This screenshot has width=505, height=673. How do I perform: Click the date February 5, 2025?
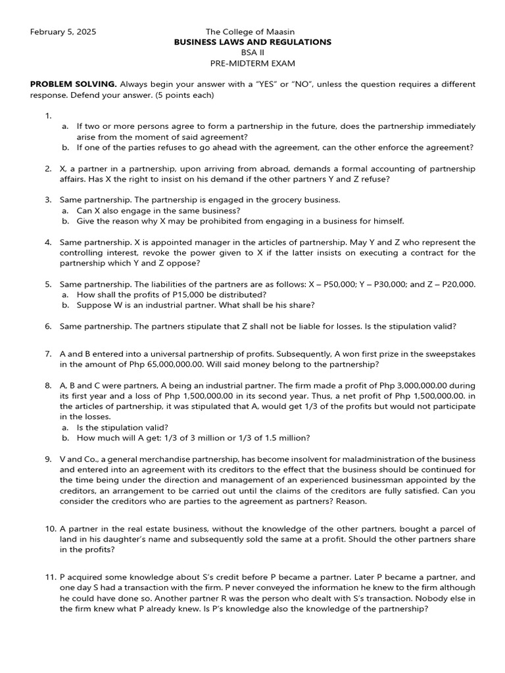pyautogui.click(x=63, y=32)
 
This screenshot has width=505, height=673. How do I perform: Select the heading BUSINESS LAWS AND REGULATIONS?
pyautogui.click(x=252, y=42)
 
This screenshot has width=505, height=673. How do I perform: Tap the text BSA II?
pyautogui.click(x=252, y=53)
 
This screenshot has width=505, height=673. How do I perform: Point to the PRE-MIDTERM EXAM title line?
pyautogui.click(x=252, y=63)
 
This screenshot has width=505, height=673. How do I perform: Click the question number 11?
pyautogui.click(x=50, y=577)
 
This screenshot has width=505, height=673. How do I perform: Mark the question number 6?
pyautogui.click(x=48, y=326)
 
